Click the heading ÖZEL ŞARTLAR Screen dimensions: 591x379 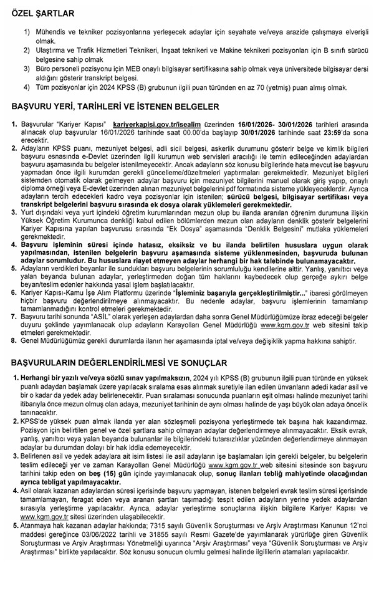tap(41, 12)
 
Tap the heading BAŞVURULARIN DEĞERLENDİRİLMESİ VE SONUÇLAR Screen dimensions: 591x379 tap(119, 362)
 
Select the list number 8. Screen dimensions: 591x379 tap(15, 340)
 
